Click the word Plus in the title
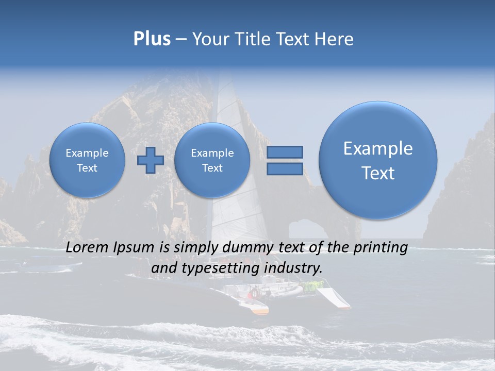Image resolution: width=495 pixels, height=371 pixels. [152, 39]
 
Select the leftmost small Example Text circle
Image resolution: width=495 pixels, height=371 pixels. [87, 160]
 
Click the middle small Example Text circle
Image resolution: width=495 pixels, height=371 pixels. [212, 160]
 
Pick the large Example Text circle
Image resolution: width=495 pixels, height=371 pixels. [378, 160]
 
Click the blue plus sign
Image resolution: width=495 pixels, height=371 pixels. [150, 160]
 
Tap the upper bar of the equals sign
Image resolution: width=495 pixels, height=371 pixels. [285, 152]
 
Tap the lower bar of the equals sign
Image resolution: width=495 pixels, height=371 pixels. [285, 169]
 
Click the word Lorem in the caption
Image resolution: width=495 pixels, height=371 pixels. [88, 247]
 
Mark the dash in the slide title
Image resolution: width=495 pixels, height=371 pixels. [181, 40]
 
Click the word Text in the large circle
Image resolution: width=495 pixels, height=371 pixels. [378, 173]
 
